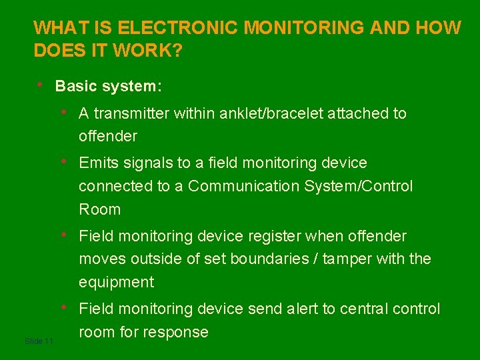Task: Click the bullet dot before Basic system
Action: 41,85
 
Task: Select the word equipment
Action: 116,283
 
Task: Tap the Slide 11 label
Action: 38,341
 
